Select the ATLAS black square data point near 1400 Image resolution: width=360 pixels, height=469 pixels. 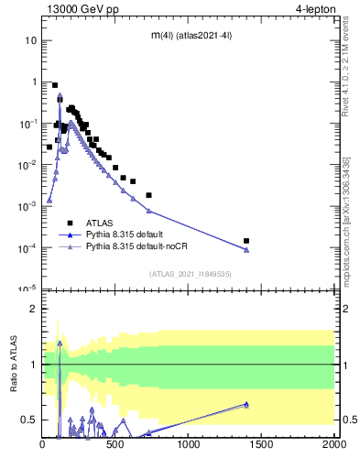(x=246, y=241)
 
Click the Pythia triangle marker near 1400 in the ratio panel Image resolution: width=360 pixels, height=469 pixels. (x=246, y=404)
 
